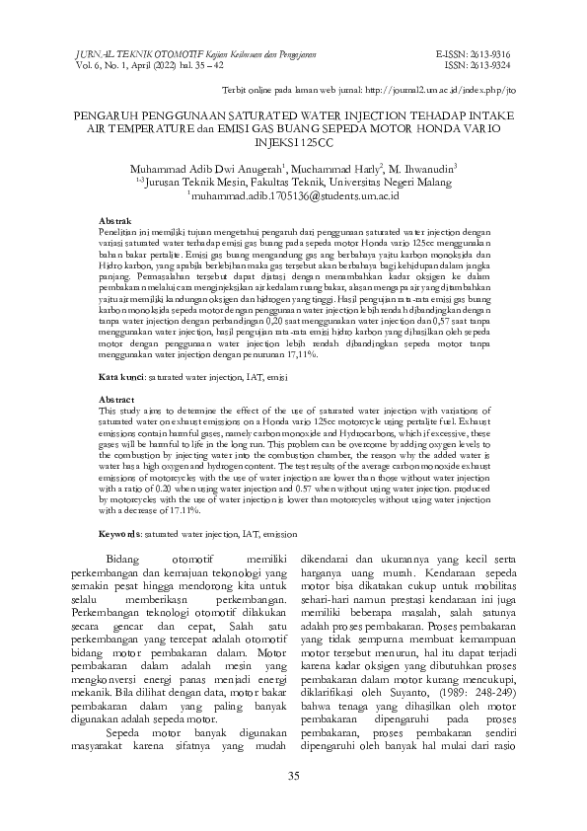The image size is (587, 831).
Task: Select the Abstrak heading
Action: tap(116, 216)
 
